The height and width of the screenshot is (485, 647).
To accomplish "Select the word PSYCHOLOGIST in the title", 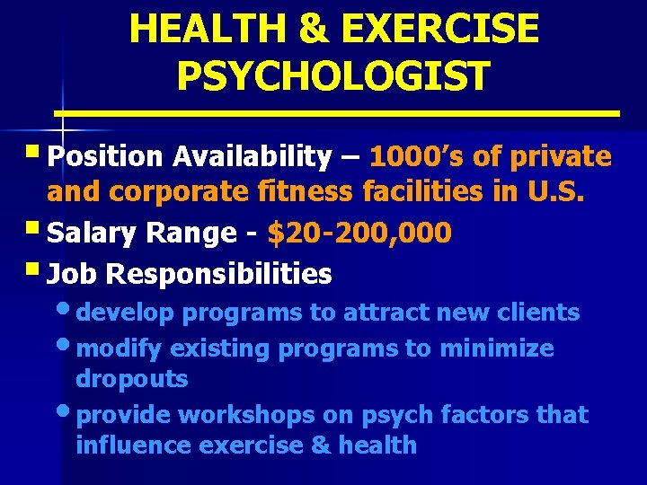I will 333,75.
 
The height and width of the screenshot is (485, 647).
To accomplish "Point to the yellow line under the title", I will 337,114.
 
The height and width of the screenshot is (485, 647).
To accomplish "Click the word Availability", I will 253,157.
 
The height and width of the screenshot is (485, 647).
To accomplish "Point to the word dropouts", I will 132,379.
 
